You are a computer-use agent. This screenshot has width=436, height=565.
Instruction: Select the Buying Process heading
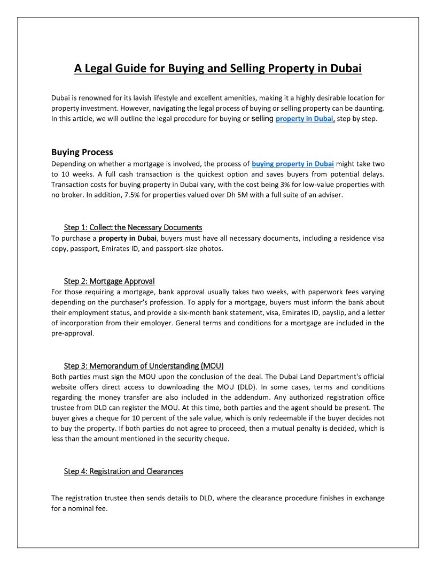82,152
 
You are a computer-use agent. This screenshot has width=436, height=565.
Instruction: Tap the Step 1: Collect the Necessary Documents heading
133,227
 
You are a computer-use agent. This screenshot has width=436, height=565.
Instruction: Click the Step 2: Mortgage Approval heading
109,281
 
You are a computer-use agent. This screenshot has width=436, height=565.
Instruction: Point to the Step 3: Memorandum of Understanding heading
143,366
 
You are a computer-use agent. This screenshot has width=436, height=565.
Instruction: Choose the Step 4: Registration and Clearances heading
123,471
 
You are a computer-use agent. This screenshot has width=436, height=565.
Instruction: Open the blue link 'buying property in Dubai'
293,164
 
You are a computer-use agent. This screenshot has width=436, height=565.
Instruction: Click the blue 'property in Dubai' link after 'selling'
305,119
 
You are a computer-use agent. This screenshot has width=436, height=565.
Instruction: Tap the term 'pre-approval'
73,333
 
